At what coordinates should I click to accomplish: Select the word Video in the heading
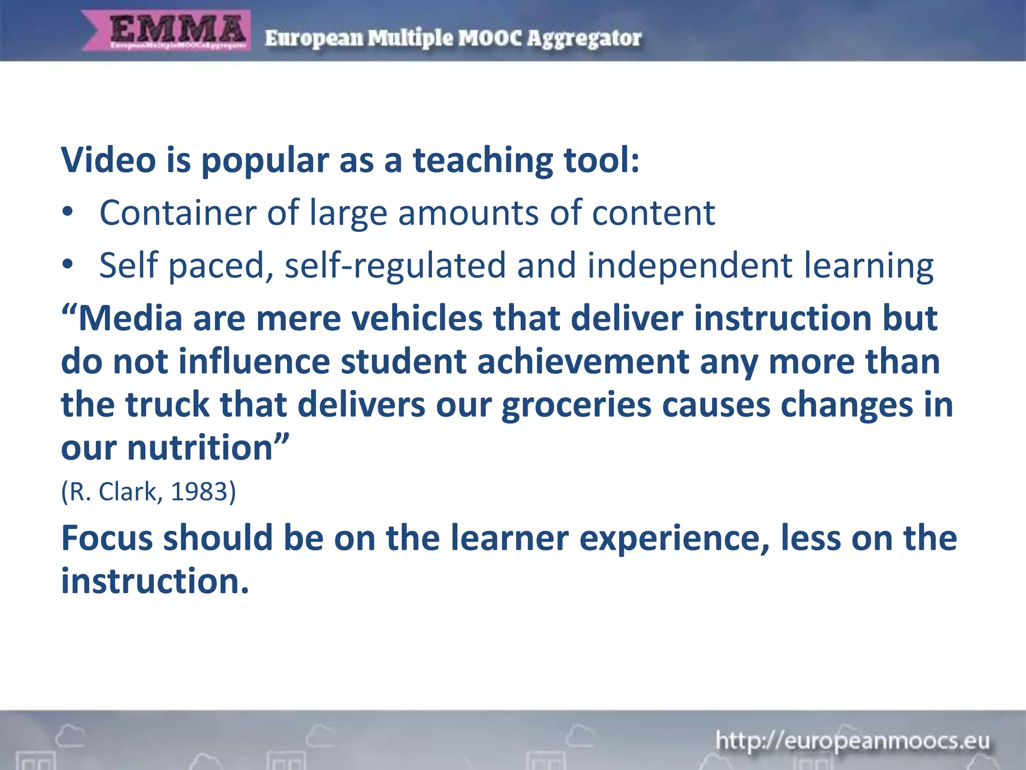[108, 160]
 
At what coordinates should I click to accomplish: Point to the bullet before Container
[68, 213]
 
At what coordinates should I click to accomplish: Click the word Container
[177, 213]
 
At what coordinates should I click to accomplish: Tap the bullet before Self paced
[68, 265]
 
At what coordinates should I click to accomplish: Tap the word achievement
[583, 361]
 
